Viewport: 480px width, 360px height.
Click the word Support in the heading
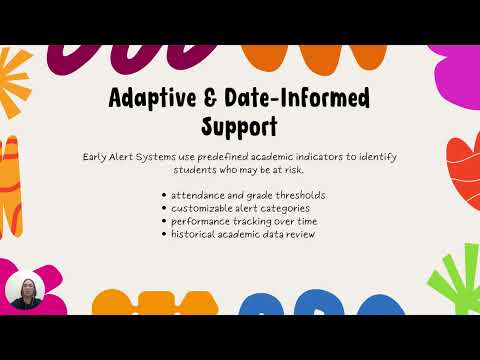click(x=240, y=126)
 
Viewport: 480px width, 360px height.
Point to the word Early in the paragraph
click(x=97, y=156)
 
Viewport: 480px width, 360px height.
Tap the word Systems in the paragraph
click(x=170, y=156)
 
